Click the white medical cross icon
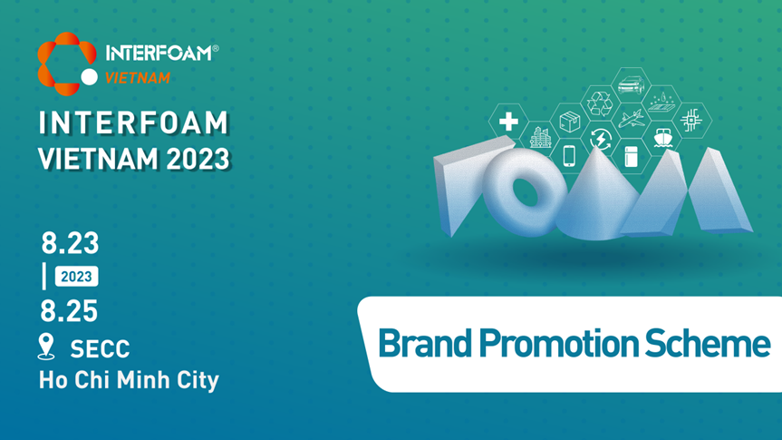[x=508, y=122]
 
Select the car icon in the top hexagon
[x=631, y=85]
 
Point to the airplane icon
[x=631, y=120]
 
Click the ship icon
[x=662, y=137]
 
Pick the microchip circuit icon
[x=691, y=120]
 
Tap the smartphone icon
[x=569, y=155]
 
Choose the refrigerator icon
[x=631, y=156]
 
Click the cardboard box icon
[x=569, y=122]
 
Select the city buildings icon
[x=540, y=137]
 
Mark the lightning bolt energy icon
[x=601, y=138]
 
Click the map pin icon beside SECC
[x=46, y=347]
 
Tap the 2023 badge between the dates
[x=76, y=276]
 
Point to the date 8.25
[x=69, y=310]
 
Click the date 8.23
[x=70, y=243]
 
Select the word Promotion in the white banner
[x=559, y=344]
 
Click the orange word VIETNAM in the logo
[x=138, y=78]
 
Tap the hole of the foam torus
[x=526, y=192]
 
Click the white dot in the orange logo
[x=90, y=77]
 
